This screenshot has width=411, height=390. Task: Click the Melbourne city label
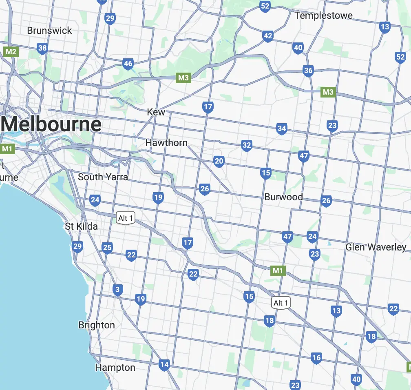click(51, 124)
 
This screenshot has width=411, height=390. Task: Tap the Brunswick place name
click(49, 31)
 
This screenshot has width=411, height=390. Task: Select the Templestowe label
click(324, 16)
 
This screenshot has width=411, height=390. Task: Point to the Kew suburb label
click(156, 112)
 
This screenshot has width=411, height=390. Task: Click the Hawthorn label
click(166, 143)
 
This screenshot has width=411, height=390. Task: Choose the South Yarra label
click(103, 177)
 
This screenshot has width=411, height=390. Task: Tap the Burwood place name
click(283, 197)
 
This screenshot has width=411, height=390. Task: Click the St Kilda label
click(82, 226)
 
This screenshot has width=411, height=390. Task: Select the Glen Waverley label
click(376, 247)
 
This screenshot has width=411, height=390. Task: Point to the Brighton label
click(97, 325)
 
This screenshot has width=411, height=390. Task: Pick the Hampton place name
click(115, 368)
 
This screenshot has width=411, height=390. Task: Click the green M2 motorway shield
click(11, 51)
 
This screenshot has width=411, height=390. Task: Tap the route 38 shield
click(42, 49)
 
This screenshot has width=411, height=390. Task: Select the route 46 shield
click(128, 64)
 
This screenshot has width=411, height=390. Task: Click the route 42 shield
click(267, 36)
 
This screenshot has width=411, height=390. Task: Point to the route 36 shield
click(308, 71)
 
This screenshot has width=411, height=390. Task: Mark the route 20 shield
click(219, 161)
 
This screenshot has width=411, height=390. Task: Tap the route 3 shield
click(118, 290)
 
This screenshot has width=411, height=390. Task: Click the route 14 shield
click(164, 365)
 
